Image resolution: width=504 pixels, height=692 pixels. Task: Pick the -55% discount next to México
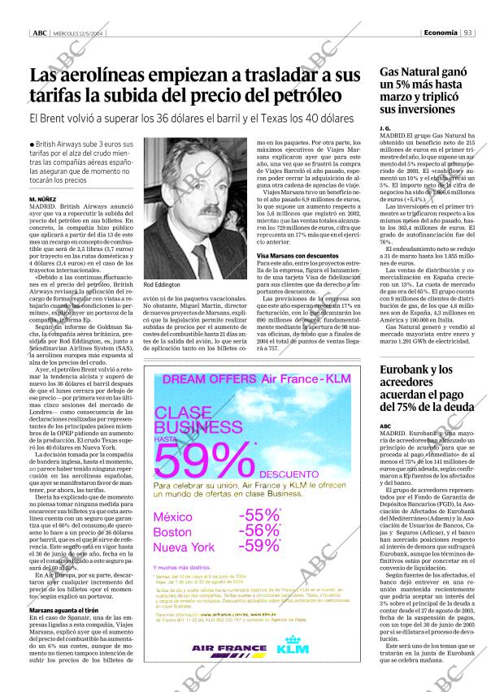coord(259,515)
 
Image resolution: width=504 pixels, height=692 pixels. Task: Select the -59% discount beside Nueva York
coord(259,545)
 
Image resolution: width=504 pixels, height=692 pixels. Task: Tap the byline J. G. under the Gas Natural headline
coord(385,129)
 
